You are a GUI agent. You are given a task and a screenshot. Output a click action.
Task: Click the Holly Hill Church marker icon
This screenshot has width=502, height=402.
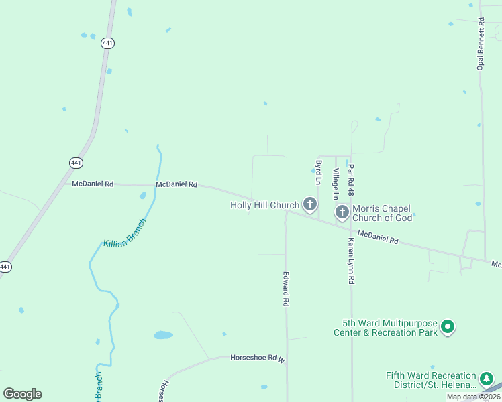309,204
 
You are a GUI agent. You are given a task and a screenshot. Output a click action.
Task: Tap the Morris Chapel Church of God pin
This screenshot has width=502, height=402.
342,212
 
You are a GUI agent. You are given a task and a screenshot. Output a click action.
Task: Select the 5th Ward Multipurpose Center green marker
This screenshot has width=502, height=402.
448,328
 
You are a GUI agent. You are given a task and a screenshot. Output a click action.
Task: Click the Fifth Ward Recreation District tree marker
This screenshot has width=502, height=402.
487,380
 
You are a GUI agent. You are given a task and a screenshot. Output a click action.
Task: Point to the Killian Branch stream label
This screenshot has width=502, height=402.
124,232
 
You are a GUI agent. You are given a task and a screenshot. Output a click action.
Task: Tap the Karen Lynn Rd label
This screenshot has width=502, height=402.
351,261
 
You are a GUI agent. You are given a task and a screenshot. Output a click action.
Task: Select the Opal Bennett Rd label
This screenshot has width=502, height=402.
480,44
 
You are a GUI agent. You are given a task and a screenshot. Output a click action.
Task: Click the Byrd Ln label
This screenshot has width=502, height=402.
318,172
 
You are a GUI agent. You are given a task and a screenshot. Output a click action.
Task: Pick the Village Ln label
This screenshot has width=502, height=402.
336,183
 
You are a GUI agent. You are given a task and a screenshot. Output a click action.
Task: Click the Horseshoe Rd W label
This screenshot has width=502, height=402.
258,358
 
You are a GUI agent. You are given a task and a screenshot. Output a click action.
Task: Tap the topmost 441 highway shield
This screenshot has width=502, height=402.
107,43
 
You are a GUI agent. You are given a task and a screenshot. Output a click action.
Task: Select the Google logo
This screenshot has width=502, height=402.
22,393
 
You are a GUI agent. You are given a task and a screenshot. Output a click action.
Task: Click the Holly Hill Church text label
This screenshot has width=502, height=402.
264,205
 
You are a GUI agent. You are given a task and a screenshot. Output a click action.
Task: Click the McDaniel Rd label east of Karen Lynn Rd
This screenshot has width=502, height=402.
378,237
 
